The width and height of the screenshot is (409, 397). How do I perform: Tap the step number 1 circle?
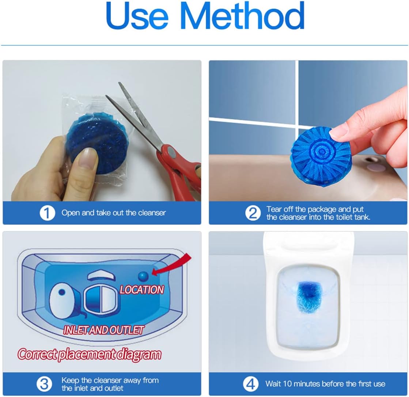(x=47, y=213)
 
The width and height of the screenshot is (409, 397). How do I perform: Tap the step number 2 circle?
(x=253, y=213)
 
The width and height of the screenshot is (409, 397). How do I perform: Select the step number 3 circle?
(x=44, y=384)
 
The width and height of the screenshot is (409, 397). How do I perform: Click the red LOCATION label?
(x=142, y=290)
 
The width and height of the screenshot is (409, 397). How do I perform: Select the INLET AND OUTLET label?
(x=103, y=330)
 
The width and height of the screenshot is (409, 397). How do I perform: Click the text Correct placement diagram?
(x=90, y=354)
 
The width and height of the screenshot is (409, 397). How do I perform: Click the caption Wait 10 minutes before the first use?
(x=325, y=384)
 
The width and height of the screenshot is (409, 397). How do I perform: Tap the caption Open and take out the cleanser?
(x=113, y=213)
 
